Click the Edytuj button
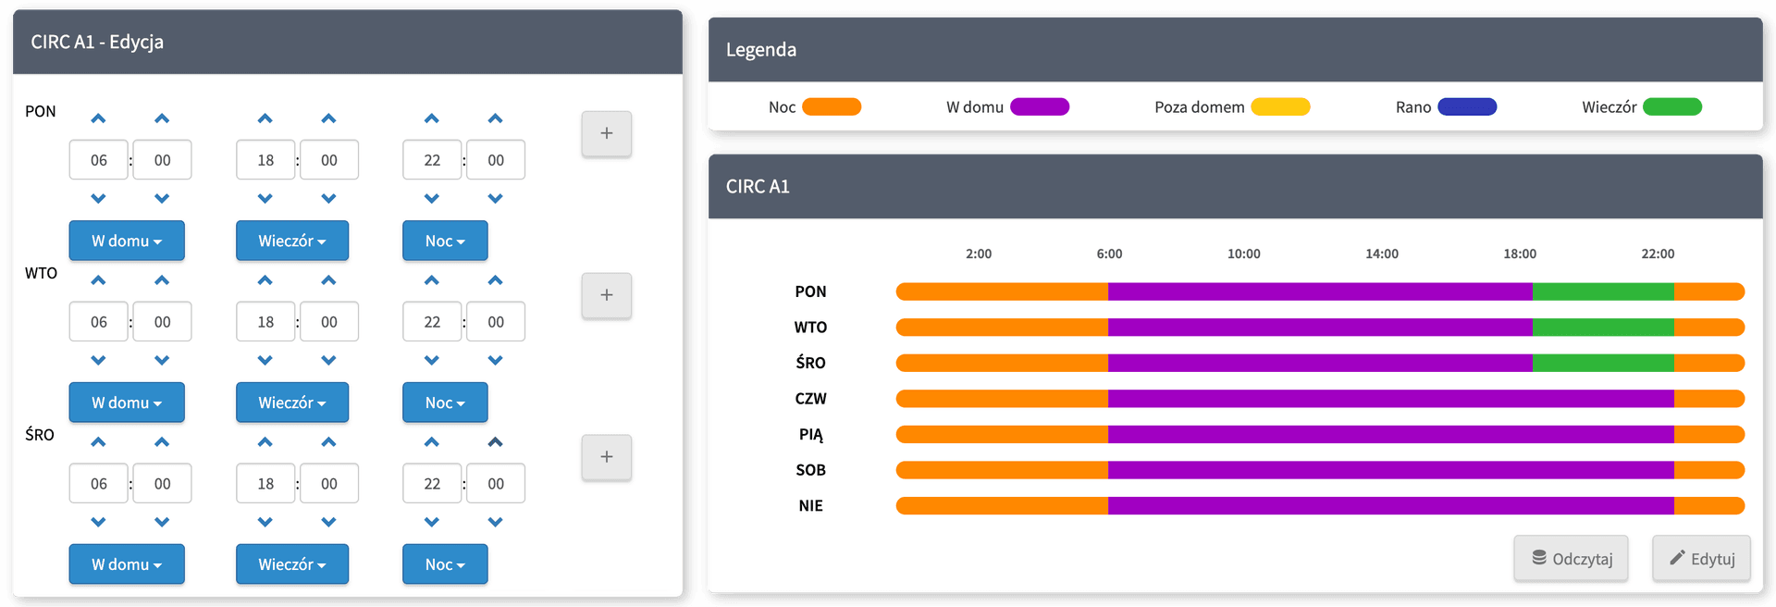[1701, 559]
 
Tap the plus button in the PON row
[606, 133]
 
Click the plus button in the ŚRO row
[606, 457]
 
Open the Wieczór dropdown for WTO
[292, 403]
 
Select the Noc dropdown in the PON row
[445, 241]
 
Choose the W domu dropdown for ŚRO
[127, 564]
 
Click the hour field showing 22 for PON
[432, 160]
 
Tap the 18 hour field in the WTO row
[265, 322]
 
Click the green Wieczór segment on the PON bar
[1602, 291]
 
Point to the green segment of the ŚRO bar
[1602, 363]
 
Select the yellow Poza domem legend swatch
[1280, 107]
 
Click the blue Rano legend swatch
[1467, 107]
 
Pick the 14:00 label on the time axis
[1382, 254]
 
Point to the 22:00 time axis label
[1658, 254]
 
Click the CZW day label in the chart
[810, 399]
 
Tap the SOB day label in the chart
[810, 470]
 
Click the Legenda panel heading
[761, 50]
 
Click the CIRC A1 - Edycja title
[97, 42]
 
